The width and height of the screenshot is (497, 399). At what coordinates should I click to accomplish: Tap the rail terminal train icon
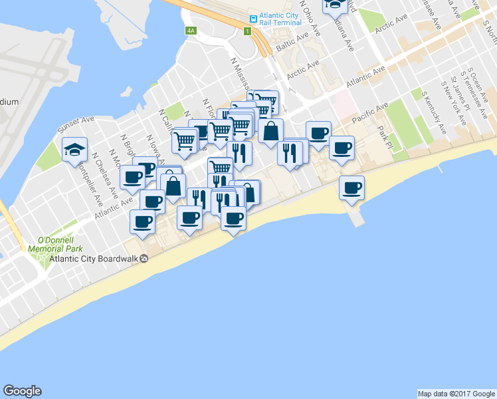pyautogui.click(x=253, y=19)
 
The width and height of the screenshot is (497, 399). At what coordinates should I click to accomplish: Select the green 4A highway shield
pyautogui.click(x=191, y=31)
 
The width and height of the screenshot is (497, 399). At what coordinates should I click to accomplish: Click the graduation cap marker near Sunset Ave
pyautogui.click(x=74, y=150)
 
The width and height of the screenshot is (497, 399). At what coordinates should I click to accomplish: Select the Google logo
pyautogui.click(x=22, y=391)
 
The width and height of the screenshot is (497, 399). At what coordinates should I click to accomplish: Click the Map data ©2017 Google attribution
pyautogui.click(x=456, y=394)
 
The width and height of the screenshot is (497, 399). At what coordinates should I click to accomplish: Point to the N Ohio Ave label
pyautogui.click(x=311, y=18)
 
